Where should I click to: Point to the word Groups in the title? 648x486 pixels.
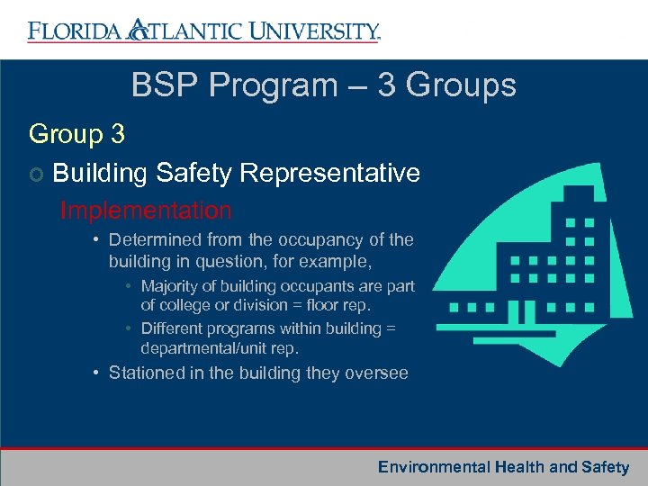tap(460, 85)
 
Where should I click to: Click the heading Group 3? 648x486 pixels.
tap(76, 134)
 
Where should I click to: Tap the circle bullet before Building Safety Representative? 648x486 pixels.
tap(36, 174)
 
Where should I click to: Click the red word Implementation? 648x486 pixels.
tap(146, 211)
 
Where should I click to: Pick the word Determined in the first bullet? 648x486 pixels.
tap(155, 239)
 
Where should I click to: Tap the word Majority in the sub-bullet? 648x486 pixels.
tap(173, 286)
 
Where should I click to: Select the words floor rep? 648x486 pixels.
tap(344, 304)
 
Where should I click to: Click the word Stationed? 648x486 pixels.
tap(148, 373)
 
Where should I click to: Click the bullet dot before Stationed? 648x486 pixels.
tap(95, 373)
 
